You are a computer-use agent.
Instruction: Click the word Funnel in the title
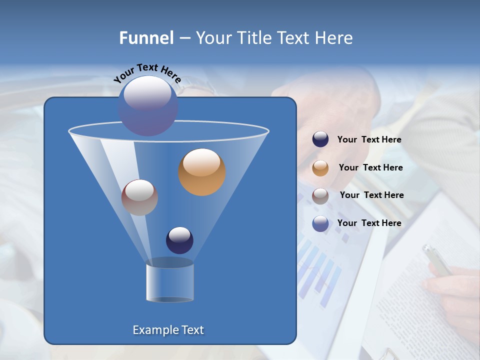[x=146, y=38]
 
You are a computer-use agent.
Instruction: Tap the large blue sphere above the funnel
[x=147, y=105]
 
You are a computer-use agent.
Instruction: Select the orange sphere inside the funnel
[x=202, y=171]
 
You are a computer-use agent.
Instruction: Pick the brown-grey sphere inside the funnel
[x=140, y=197]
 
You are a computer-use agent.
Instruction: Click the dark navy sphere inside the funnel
[x=179, y=240]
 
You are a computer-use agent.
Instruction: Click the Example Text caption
[x=168, y=330]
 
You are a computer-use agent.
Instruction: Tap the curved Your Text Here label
[x=147, y=73]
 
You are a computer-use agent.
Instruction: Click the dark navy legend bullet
[x=320, y=139]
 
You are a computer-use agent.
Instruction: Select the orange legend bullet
[x=320, y=168]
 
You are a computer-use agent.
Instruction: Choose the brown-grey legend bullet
[x=320, y=195]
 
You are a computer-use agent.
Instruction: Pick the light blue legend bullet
[x=320, y=223]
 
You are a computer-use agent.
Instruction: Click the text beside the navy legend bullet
[x=369, y=140]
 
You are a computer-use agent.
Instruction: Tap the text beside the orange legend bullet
[x=370, y=168]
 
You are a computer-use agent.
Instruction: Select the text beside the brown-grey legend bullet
[x=371, y=195]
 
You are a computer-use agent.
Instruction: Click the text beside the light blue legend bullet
[x=369, y=223]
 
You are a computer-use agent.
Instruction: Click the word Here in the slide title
[x=334, y=38]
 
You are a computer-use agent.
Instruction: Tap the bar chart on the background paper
[x=320, y=270]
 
